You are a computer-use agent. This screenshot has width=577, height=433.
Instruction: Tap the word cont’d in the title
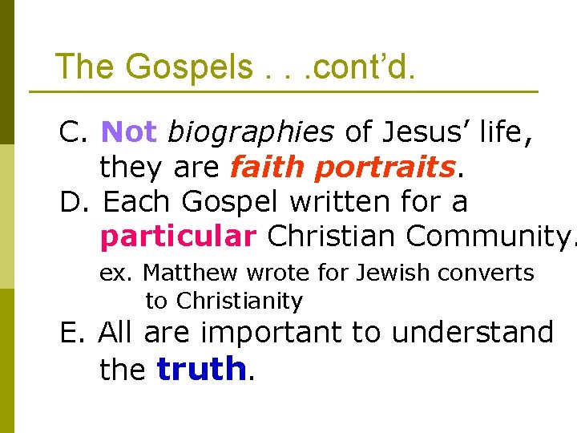363,66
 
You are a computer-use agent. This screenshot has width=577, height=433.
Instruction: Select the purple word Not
130,132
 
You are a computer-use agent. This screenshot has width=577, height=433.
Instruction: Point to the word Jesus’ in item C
414,132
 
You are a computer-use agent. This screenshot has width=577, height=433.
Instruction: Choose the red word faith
268,167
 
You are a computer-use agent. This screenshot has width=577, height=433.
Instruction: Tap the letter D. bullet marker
75,201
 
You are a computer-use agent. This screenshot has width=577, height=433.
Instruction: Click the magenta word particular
178,237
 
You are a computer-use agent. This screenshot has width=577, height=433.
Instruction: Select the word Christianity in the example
239,301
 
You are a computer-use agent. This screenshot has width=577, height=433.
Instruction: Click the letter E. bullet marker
74,332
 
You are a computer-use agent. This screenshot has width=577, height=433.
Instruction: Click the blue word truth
201,370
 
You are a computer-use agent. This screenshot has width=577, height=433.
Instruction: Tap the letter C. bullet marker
75,132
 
